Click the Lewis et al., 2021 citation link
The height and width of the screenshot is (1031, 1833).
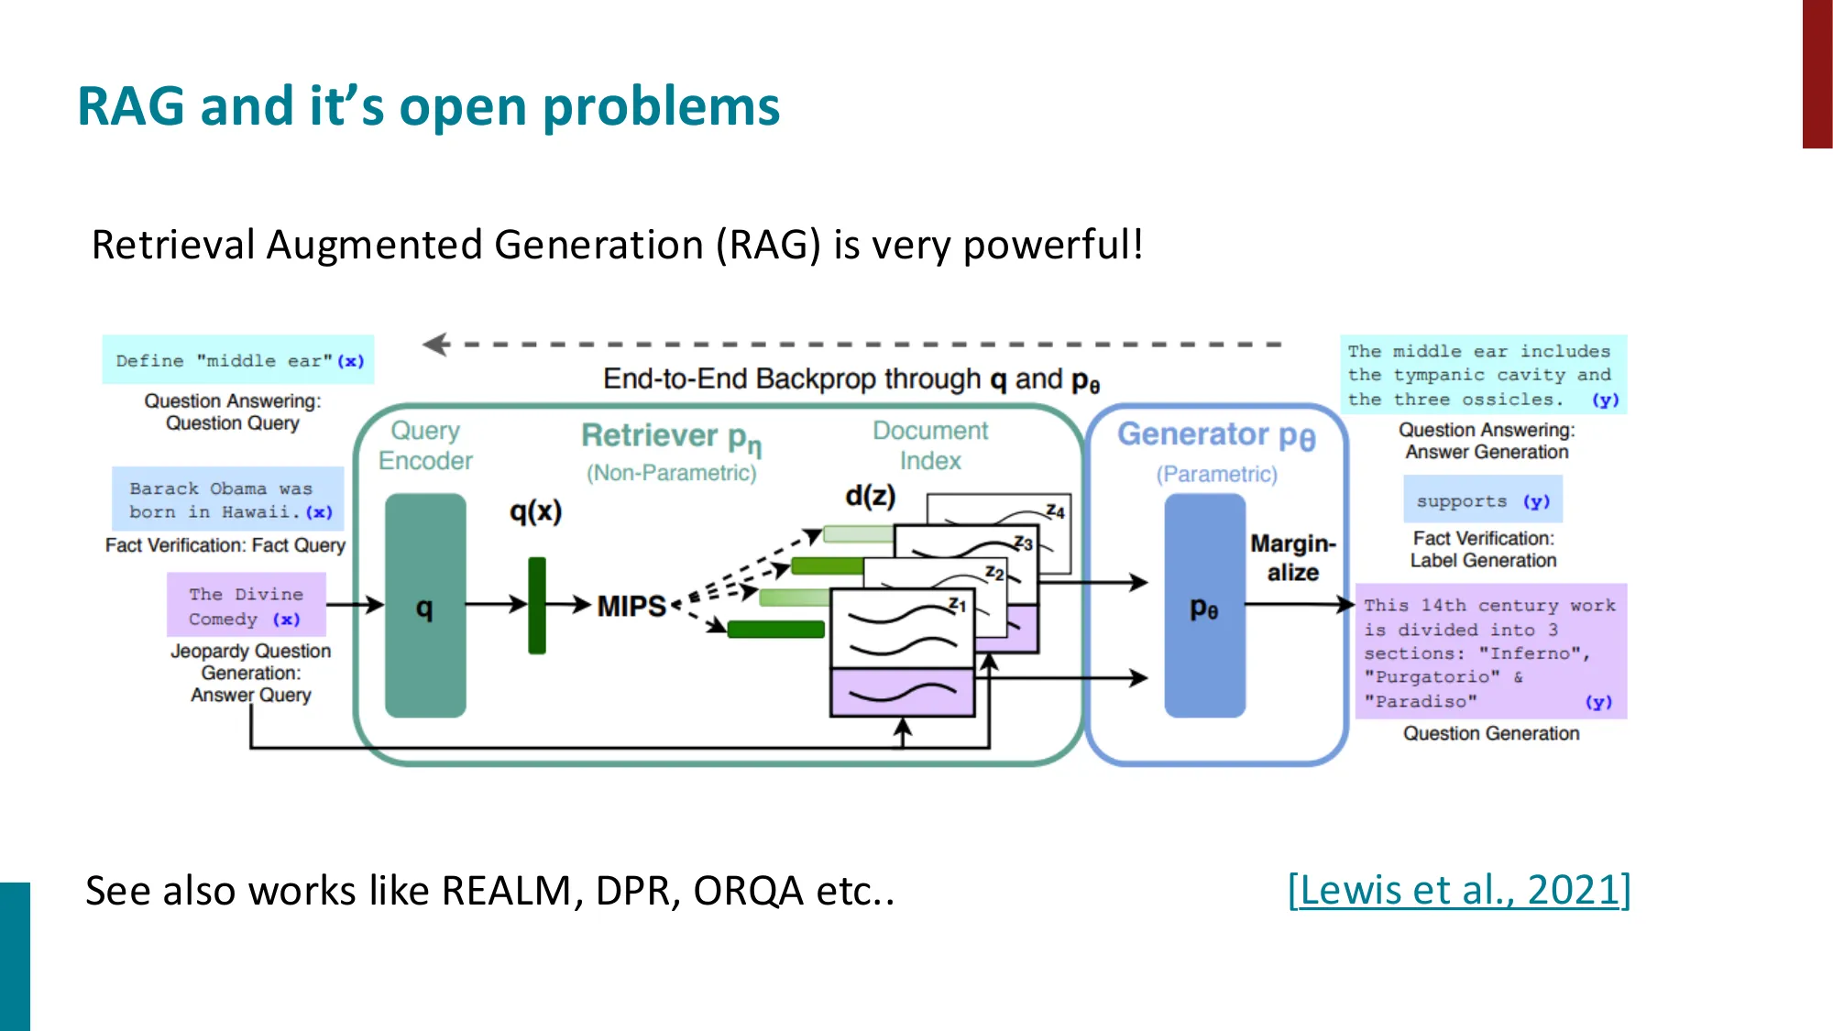tap(1458, 890)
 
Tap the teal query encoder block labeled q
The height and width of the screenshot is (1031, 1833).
tap(425, 606)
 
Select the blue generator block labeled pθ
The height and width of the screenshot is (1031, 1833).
tap(1204, 606)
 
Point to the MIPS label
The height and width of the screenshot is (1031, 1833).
tap(631, 606)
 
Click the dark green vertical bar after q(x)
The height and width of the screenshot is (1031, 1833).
tap(537, 606)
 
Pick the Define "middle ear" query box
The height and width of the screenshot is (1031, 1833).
tap(238, 360)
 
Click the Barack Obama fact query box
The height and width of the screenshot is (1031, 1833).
tap(228, 500)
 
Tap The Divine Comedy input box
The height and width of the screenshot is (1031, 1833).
tap(246, 606)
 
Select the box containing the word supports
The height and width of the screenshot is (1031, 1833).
tap(1482, 500)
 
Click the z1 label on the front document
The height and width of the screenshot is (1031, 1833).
tap(957, 605)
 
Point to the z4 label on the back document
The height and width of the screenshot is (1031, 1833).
tap(1055, 511)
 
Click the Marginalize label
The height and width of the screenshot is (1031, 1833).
tap(1292, 557)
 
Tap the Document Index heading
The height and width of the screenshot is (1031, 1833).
tap(929, 445)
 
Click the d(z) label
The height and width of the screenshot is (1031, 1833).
tap(870, 496)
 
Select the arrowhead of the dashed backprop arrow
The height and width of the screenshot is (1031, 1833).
tap(434, 345)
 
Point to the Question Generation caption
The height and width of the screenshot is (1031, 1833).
tap(1490, 733)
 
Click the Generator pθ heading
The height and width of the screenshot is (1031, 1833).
tap(1215, 434)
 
